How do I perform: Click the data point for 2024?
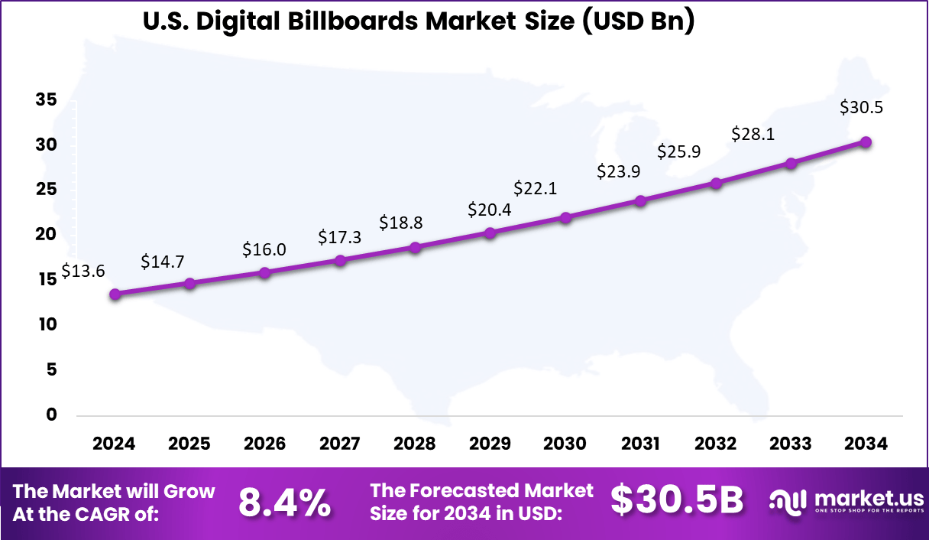(x=115, y=294)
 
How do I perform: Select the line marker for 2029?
(x=490, y=233)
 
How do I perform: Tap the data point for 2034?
(x=866, y=142)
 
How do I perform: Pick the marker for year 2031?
(x=640, y=201)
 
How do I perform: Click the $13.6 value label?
(x=83, y=272)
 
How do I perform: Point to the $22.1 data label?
(x=536, y=187)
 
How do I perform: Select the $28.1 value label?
(x=753, y=134)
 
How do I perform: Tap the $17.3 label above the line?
(x=340, y=238)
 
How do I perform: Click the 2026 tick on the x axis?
(x=264, y=444)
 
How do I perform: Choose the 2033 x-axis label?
(x=791, y=444)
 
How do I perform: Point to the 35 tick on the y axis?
(x=46, y=100)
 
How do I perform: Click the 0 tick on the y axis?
(x=52, y=415)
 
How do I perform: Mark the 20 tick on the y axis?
(x=46, y=235)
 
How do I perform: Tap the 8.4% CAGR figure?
(x=284, y=503)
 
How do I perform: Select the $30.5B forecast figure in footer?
(x=677, y=501)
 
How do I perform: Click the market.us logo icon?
(x=788, y=502)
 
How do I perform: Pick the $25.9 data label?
(x=679, y=151)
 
